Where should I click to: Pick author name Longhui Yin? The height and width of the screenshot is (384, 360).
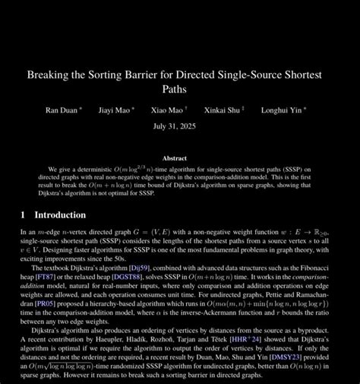281,109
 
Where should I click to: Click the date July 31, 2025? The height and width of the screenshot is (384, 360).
179,125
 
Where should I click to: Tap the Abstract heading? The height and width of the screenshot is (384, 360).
179,158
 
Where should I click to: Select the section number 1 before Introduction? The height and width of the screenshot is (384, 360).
23,214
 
